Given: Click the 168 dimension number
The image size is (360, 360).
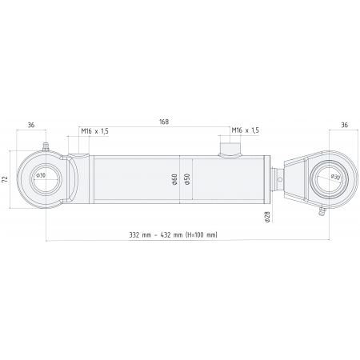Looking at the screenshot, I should [x=164, y=122].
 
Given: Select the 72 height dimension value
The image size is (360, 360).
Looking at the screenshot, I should [x=6, y=179].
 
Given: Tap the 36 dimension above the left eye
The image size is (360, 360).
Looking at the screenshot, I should [x=30, y=126].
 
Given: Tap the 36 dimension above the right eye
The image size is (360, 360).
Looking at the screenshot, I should [x=344, y=126].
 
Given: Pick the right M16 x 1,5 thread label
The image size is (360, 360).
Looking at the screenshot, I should [x=245, y=130].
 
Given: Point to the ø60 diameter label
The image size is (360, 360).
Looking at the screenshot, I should [x=174, y=179].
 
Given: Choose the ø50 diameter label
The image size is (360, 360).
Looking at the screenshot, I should [x=186, y=179].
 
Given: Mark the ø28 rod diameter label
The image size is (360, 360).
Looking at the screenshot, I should [x=266, y=214].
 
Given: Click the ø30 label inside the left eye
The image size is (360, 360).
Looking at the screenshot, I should [x=41, y=175].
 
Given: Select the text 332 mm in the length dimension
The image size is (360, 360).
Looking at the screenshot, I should [x=141, y=235].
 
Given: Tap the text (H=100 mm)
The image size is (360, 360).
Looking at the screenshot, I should [x=200, y=235].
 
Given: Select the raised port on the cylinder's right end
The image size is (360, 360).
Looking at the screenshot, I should [x=231, y=148].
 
